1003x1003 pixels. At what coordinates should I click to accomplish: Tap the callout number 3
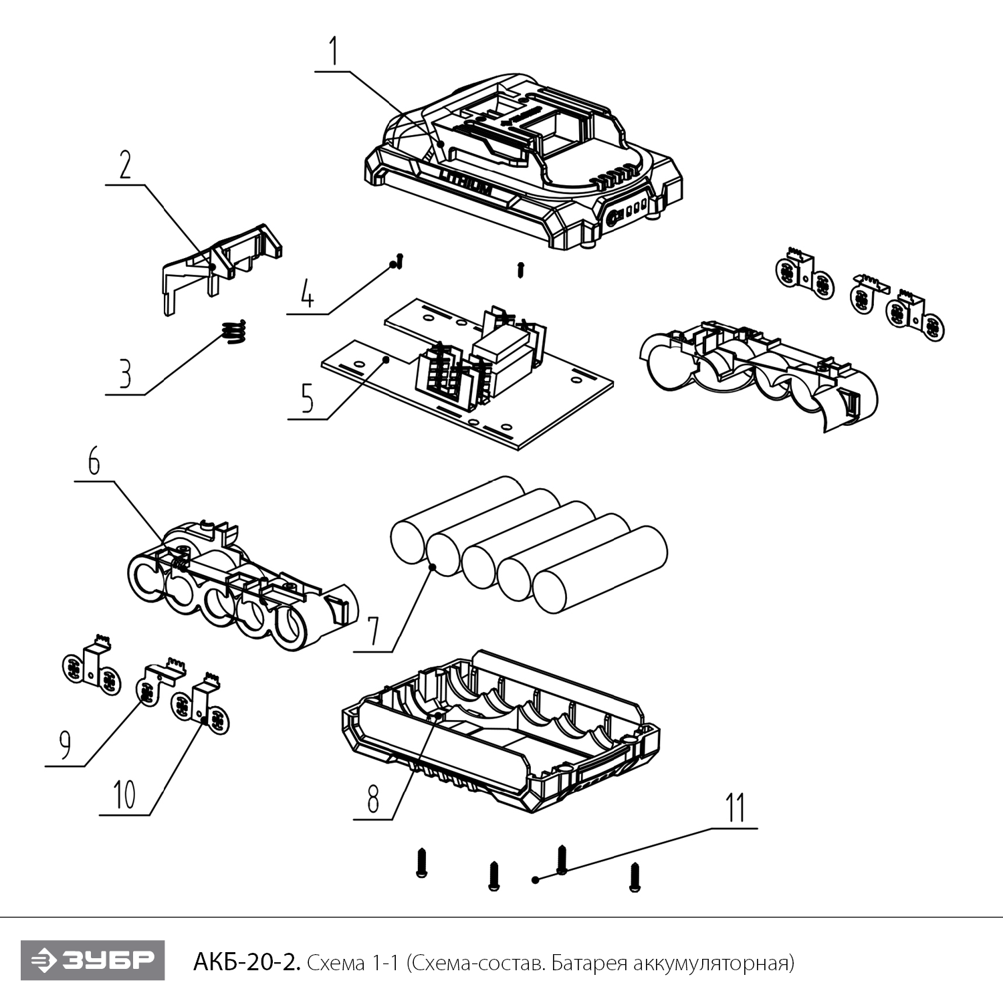125,375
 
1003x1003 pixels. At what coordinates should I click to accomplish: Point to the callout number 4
307,295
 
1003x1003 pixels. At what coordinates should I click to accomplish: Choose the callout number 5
307,399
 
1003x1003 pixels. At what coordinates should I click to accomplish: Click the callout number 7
372,631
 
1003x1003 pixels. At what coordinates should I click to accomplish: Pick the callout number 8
372,798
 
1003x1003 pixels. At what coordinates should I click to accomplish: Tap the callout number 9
65,745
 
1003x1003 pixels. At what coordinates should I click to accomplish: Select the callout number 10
124,795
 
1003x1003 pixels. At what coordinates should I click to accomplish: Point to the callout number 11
736,808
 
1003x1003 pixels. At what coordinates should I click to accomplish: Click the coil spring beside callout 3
234,332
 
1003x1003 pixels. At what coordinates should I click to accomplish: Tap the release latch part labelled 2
221,264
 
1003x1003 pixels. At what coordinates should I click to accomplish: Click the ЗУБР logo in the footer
92,961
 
